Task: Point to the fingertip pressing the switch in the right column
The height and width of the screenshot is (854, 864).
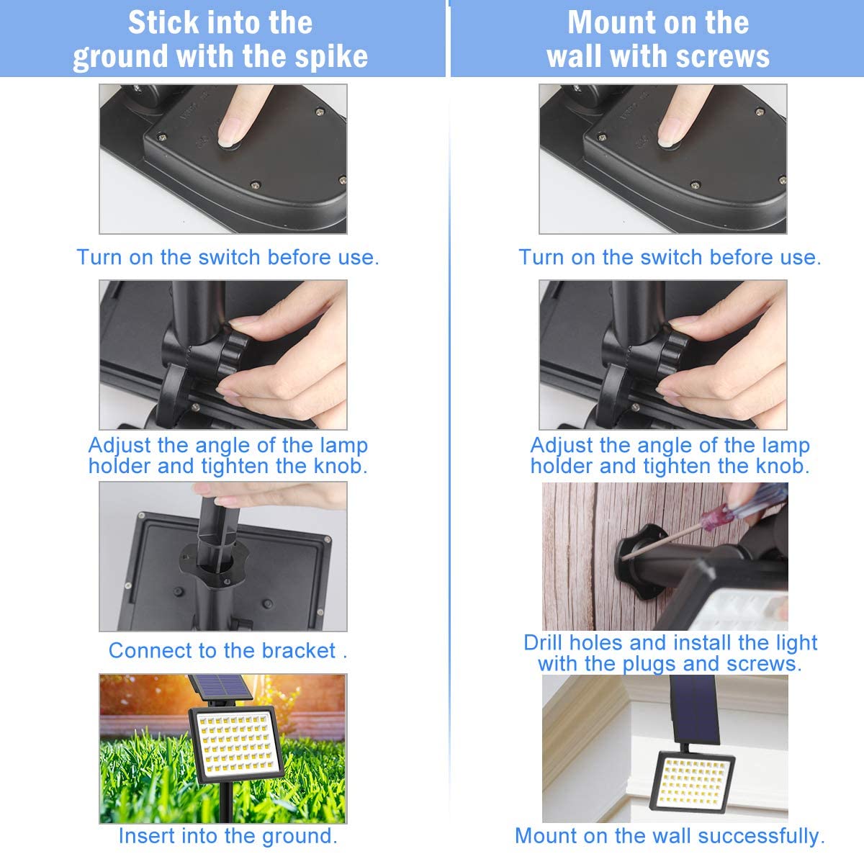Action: tap(669, 135)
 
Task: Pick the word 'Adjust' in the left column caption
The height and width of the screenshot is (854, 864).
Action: tap(120, 446)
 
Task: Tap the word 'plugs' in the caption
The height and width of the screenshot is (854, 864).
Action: tap(649, 665)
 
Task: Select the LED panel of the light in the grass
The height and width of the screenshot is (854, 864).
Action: tap(236, 745)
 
